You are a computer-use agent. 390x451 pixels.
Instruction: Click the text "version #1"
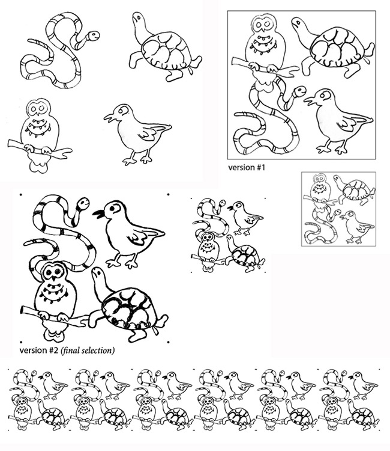247,167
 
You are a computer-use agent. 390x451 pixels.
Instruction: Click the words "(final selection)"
88,351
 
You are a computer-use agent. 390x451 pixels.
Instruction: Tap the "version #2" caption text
39,351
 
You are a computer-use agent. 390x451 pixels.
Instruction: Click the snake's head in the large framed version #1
299,91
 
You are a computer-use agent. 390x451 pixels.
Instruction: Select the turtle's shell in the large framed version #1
341,47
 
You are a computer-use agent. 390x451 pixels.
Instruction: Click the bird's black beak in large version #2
98,213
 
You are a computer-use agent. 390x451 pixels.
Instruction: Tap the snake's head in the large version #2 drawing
83,203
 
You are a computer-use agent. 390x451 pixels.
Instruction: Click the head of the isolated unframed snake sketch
93,36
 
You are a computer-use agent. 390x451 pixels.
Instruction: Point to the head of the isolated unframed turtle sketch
138,18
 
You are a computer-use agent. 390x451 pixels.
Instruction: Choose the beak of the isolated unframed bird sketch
110,118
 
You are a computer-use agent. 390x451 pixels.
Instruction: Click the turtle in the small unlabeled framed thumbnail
355,190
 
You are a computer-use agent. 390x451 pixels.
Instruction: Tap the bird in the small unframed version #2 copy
245,218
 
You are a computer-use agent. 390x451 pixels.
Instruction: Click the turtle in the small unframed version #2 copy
245,253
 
